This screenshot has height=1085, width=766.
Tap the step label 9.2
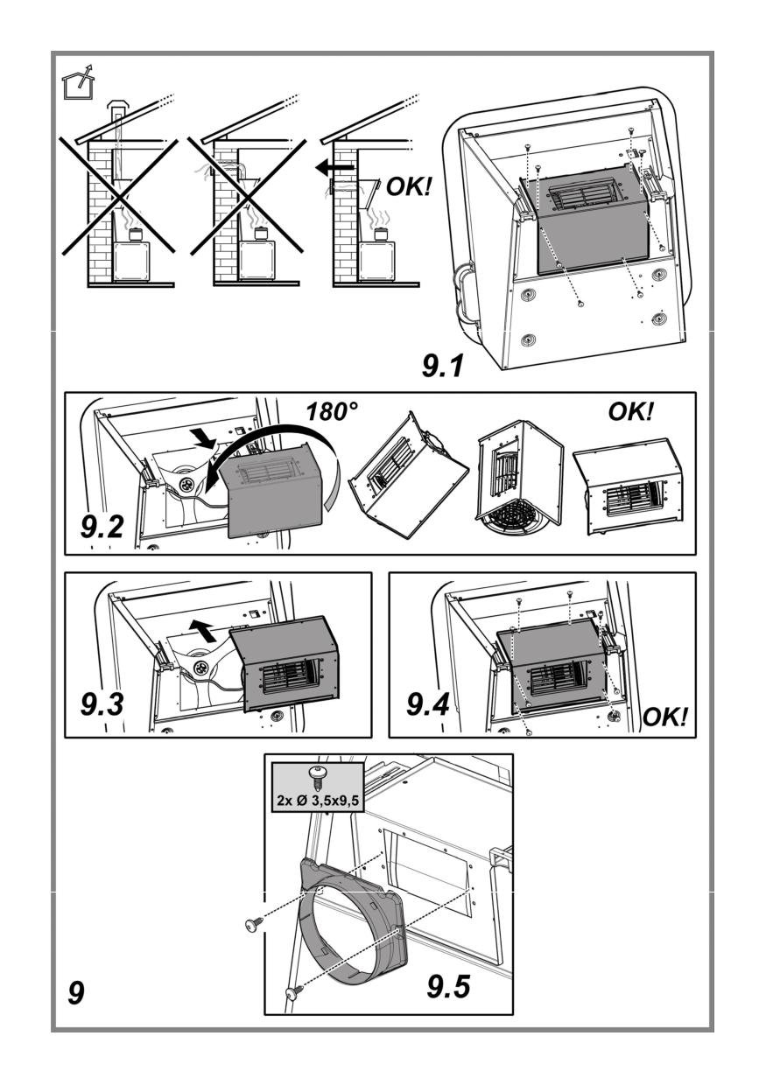[x=103, y=527]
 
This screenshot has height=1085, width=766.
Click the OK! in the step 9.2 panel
[x=630, y=412]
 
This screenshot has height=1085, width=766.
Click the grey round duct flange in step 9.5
[x=350, y=927]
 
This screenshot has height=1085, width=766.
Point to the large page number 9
[x=76, y=994]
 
